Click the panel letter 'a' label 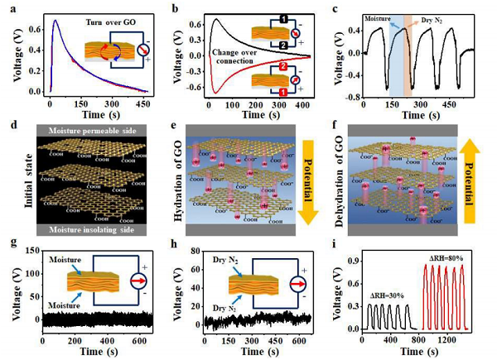click(x=10, y=7)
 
